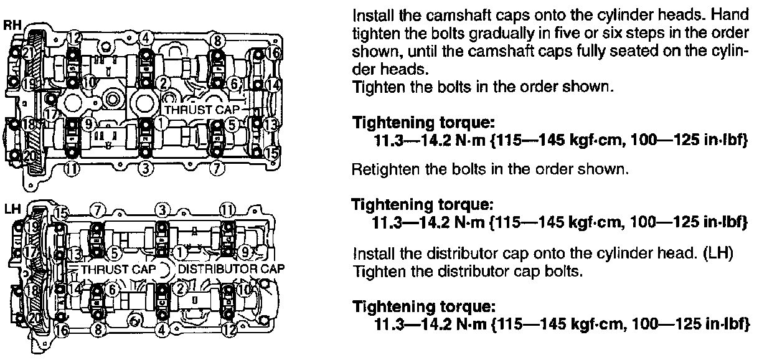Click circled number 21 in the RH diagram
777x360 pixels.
click(28, 53)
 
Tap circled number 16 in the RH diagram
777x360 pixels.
click(272, 52)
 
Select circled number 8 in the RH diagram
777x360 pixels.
click(217, 41)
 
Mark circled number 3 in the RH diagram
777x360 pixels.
click(145, 167)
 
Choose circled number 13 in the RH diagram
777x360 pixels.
click(270, 124)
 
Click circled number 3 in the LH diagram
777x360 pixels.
click(162, 209)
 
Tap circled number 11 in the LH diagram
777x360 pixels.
click(229, 209)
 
